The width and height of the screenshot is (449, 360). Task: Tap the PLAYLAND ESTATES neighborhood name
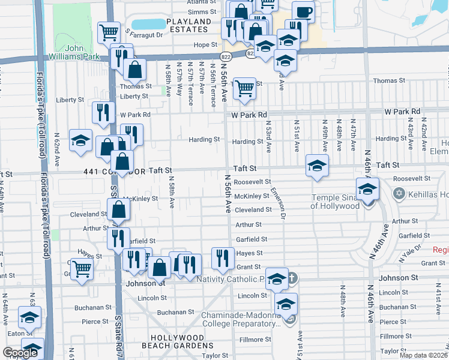[189, 25]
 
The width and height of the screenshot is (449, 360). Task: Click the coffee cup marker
[303, 12]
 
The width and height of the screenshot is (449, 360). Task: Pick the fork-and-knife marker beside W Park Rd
[103, 112]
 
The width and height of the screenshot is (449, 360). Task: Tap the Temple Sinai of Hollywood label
[336, 202]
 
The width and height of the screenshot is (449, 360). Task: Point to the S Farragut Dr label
[144, 34]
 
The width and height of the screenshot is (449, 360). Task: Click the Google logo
[20, 353]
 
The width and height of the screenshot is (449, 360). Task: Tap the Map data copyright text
[423, 355]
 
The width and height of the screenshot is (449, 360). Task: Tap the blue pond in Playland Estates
[148, 24]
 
